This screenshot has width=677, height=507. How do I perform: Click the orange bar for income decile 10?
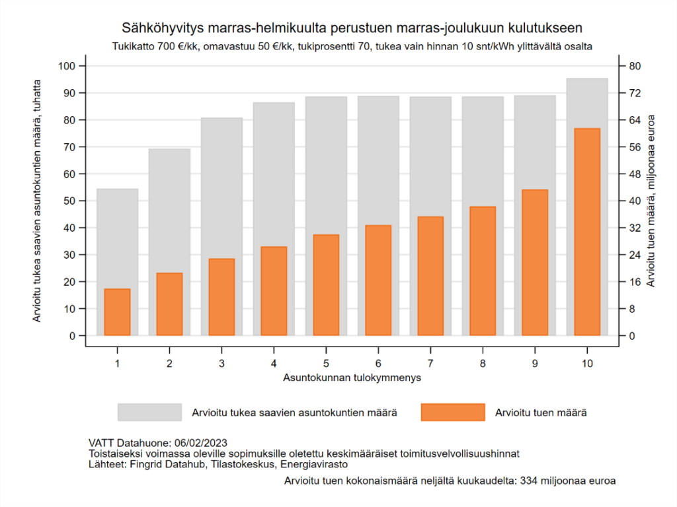[586, 232]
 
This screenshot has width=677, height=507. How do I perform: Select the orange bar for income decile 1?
[117, 312]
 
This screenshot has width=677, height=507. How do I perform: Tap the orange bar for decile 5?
[326, 285]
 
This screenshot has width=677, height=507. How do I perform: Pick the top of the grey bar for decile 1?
[117, 190]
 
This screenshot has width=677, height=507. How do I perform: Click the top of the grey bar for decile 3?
[221, 119]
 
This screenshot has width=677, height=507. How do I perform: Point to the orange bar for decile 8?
[482, 271]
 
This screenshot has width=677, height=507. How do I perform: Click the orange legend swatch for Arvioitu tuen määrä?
[453, 413]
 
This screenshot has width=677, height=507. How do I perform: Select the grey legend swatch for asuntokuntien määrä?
[149, 413]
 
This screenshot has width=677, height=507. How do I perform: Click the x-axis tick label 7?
[430, 364]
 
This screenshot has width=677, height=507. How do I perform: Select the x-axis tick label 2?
[169, 364]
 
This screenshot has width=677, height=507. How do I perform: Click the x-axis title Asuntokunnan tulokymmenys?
[352, 379]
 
